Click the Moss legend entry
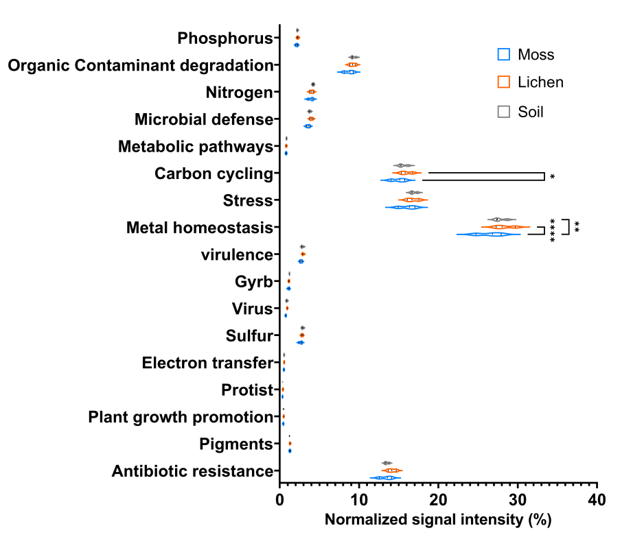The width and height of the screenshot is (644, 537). click(x=525, y=54)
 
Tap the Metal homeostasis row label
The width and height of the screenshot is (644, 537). click(x=200, y=228)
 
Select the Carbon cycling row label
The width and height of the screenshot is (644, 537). click(x=214, y=174)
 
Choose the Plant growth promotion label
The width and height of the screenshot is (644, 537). click(x=181, y=417)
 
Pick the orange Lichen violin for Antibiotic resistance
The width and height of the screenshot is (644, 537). click(x=391, y=470)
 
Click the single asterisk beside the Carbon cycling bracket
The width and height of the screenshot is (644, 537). click(x=552, y=177)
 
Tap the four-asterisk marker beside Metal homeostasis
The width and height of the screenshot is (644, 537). click(x=552, y=230)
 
